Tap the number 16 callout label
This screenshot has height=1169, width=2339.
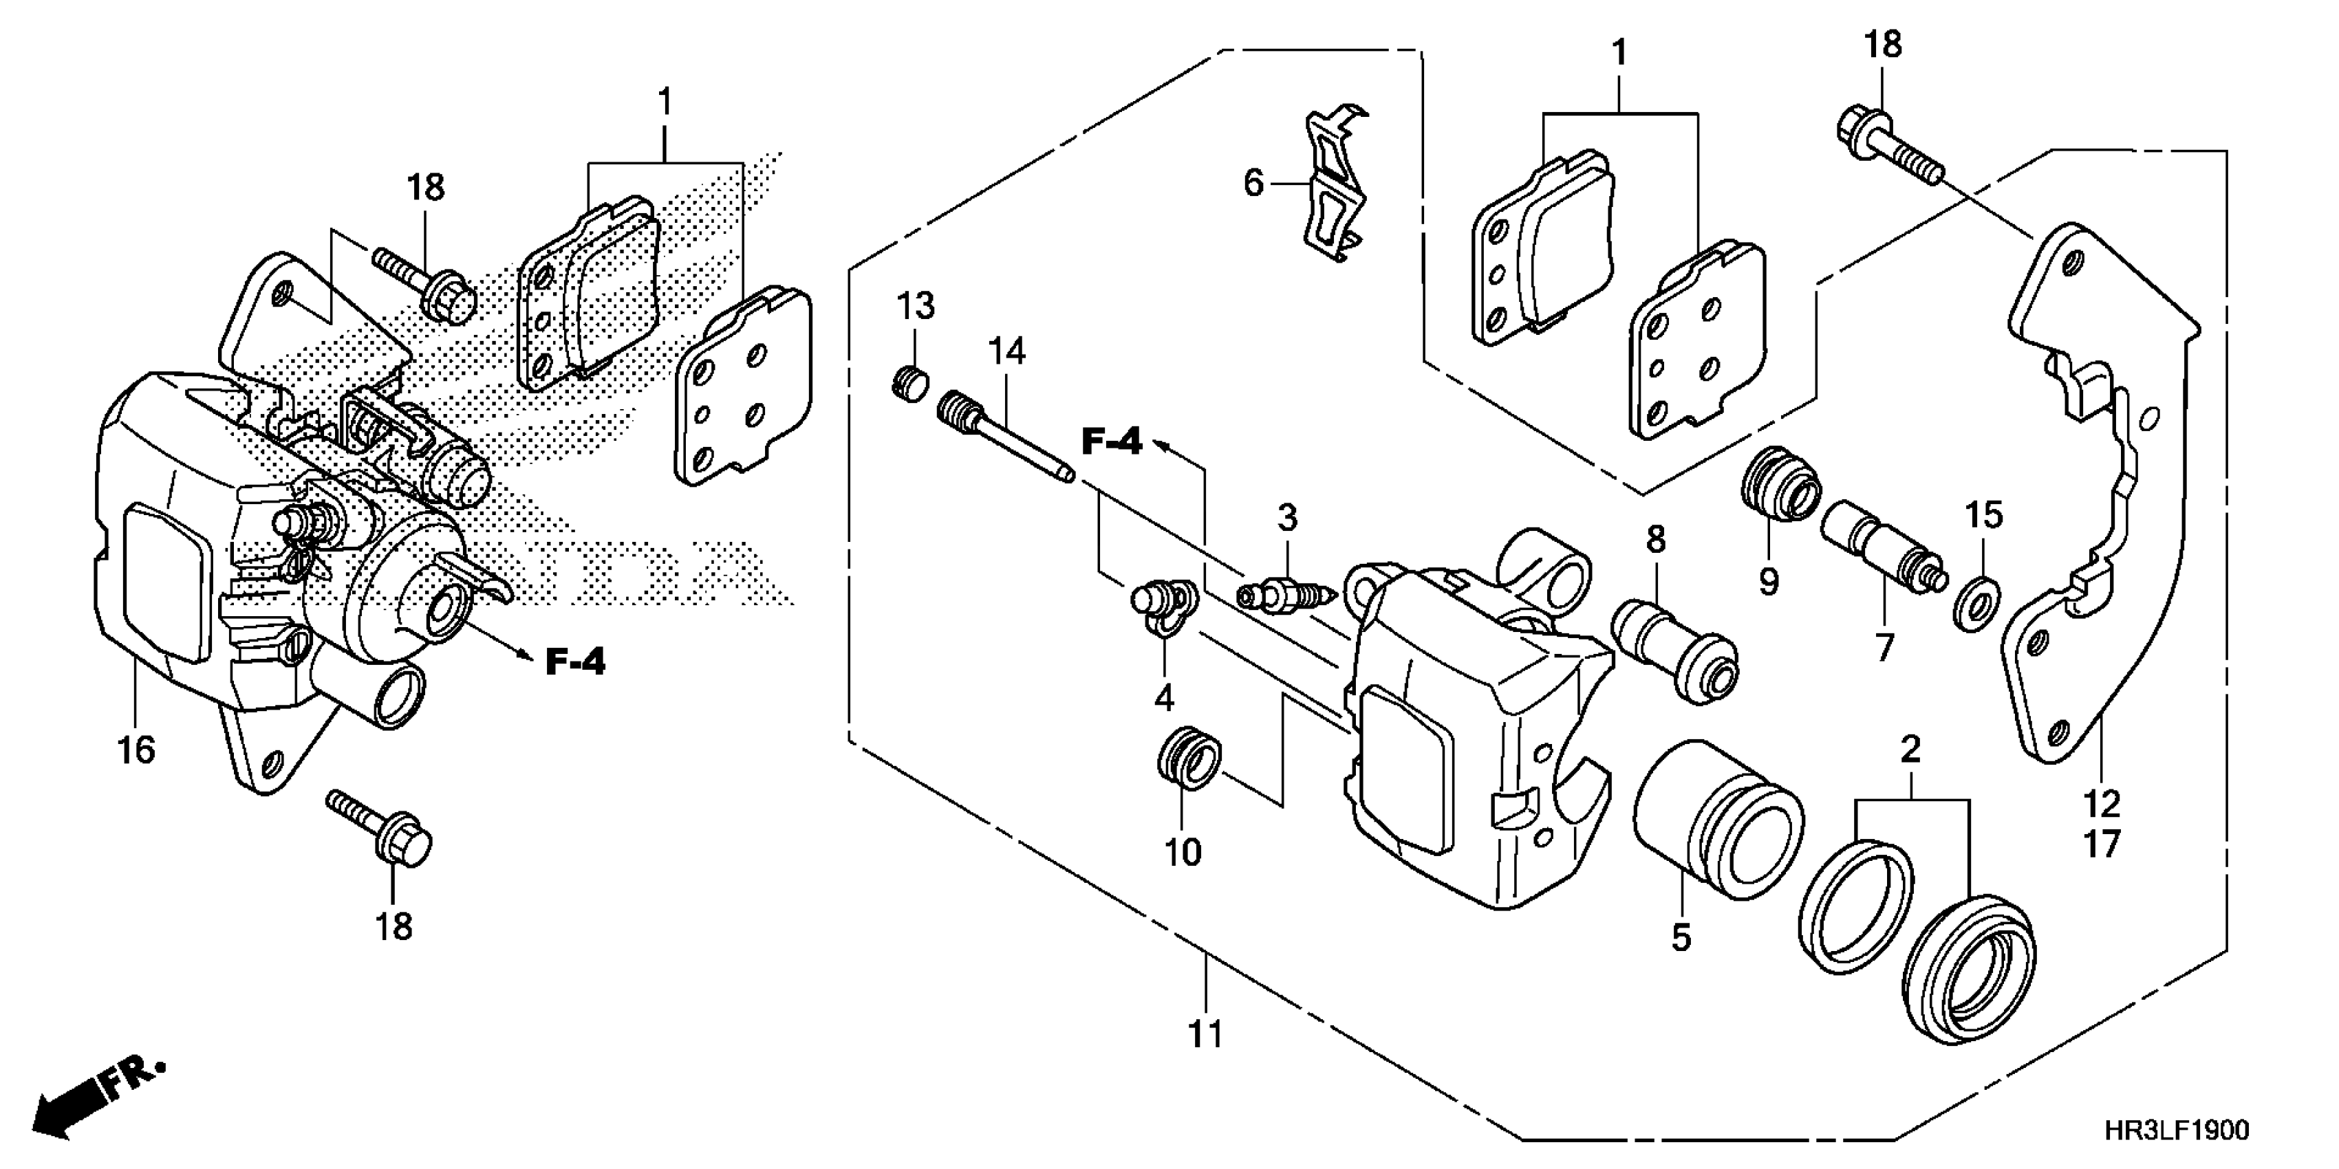pyautogui.click(x=136, y=752)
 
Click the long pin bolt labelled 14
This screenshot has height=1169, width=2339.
pyautogui.click(x=1003, y=436)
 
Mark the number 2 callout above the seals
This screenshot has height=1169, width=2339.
pyautogui.click(x=1910, y=750)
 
